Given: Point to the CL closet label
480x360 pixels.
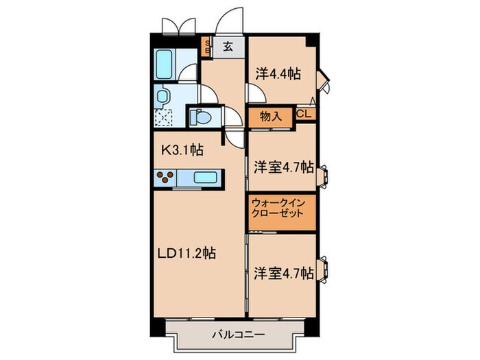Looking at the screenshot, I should click(305, 115).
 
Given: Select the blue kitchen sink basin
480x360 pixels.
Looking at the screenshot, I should click(205, 178).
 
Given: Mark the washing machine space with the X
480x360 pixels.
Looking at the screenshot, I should click(164, 117).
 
